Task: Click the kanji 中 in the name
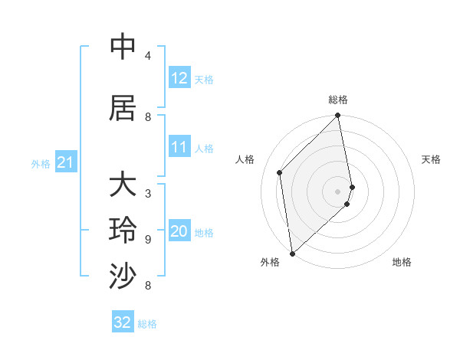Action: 123,47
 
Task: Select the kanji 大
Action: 123,185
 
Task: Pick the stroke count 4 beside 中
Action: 148,56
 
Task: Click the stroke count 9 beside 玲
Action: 148,239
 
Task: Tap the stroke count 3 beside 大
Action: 148,193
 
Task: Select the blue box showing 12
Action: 179,77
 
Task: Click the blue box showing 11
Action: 179,147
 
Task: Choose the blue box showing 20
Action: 179,231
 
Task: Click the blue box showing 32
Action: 123,322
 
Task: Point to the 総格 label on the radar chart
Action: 338,100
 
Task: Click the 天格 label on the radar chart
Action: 432,159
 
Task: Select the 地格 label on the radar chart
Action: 402,262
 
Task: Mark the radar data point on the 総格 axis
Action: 338,116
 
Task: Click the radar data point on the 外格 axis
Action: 292,254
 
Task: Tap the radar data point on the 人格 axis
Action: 280,172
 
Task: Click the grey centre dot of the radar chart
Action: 338,191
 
